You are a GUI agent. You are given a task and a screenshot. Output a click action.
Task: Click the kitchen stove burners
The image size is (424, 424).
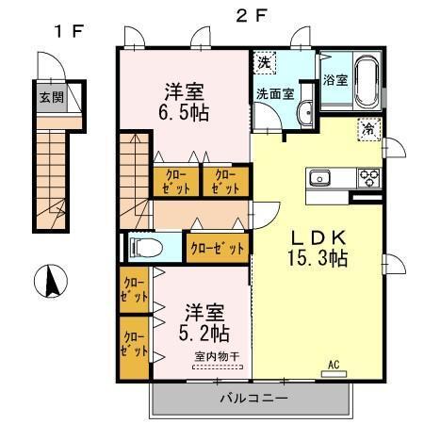pyautogui.click(x=367, y=177)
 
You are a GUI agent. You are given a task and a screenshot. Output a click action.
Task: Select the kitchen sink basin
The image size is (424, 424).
pyautogui.click(x=319, y=177)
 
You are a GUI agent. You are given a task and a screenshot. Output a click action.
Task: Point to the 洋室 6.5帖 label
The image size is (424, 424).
pyautogui.click(x=185, y=101)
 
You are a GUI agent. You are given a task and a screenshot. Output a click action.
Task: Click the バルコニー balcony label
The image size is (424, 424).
pyautogui.click(x=253, y=399)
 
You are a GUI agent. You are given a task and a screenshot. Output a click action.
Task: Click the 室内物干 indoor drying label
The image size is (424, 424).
pyautogui.click(x=218, y=356)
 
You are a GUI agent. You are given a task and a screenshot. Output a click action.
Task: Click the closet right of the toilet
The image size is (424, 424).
pyautogui.click(x=217, y=248)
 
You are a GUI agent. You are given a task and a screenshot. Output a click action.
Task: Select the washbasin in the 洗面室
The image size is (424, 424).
pyautogui.click(x=305, y=114)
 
